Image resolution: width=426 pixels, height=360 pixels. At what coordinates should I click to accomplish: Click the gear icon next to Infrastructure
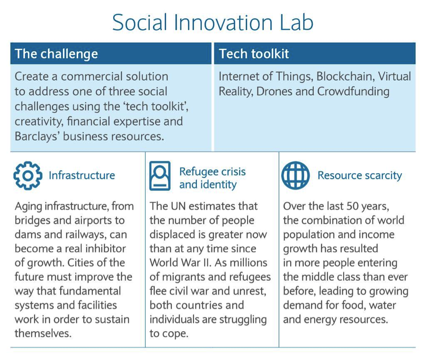28,176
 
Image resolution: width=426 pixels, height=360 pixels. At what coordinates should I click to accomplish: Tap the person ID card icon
160,176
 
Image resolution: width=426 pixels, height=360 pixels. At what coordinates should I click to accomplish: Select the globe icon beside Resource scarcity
295,176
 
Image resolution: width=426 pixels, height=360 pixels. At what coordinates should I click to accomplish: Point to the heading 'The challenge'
56,54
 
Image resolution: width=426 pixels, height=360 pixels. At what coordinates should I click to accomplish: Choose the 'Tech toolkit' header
254,54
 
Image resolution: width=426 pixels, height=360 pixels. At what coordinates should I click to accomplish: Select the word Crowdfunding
353,91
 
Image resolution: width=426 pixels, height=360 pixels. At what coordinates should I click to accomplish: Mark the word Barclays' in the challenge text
36,136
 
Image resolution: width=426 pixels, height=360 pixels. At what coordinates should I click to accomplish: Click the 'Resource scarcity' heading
360,176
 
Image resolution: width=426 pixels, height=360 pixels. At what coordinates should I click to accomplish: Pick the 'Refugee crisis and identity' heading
213,178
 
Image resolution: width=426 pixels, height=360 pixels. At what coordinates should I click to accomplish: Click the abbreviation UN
178,206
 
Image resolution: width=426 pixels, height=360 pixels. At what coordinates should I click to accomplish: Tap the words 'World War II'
180,263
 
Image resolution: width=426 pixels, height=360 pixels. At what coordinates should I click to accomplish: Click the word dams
27,234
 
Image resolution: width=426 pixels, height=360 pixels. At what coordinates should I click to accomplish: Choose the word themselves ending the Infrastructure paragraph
43,333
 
